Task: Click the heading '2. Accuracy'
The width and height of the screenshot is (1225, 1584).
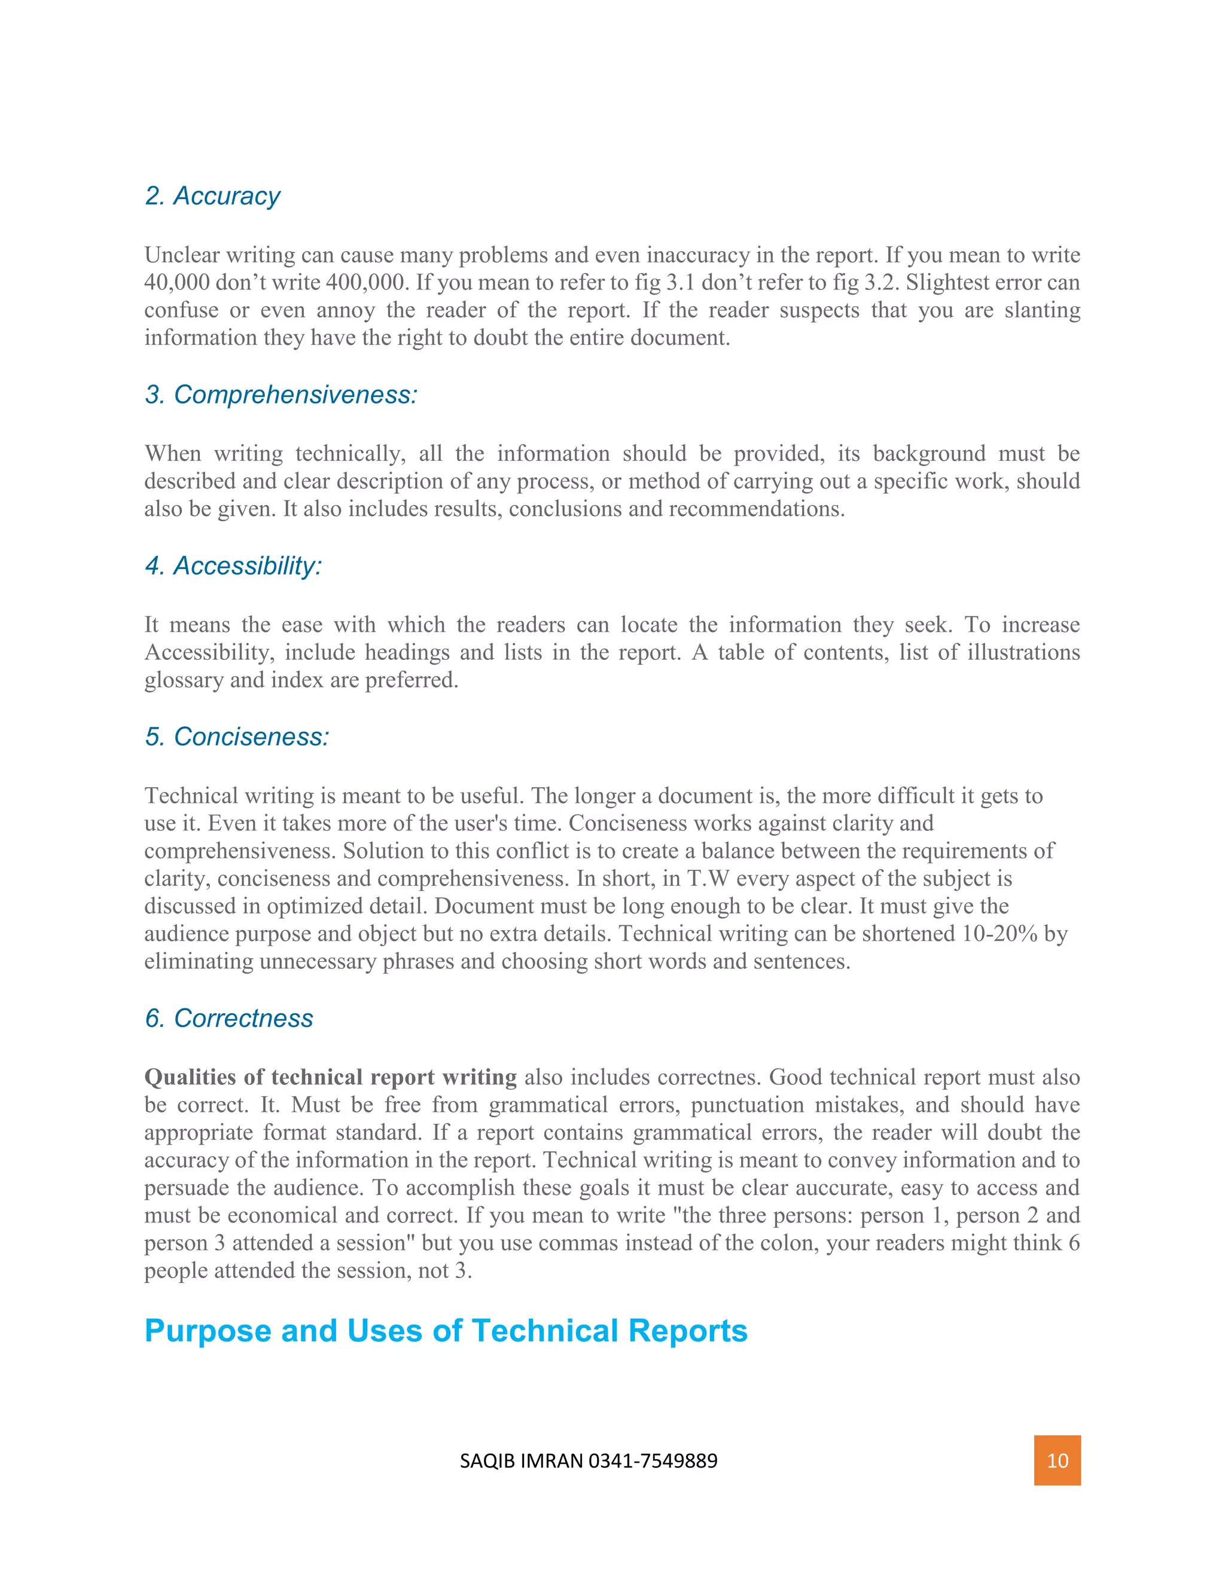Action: [212, 196]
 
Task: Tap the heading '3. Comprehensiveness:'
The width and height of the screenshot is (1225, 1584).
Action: [281, 395]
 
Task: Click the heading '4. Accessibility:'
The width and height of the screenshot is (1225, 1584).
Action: [233, 565]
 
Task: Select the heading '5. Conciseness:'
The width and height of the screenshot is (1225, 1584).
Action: [237, 737]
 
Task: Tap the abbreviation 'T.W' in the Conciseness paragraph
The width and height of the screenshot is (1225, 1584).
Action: [708, 878]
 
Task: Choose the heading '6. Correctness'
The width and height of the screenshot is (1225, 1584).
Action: [228, 1019]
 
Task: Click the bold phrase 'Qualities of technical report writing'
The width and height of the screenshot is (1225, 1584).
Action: [330, 1077]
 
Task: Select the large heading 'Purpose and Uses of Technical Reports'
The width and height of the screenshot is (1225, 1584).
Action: [446, 1331]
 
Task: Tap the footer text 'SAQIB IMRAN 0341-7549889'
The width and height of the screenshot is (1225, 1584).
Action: [589, 1461]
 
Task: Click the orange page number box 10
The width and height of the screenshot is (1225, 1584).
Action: [1057, 1460]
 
